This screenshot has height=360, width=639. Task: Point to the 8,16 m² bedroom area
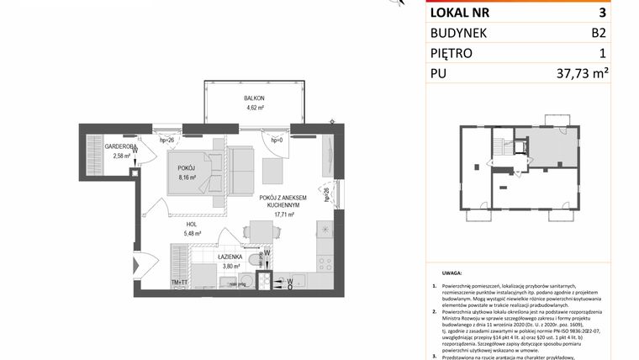pyautogui.click(x=186, y=178)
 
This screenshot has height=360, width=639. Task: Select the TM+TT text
pyautogui.click(x=179, y=283)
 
